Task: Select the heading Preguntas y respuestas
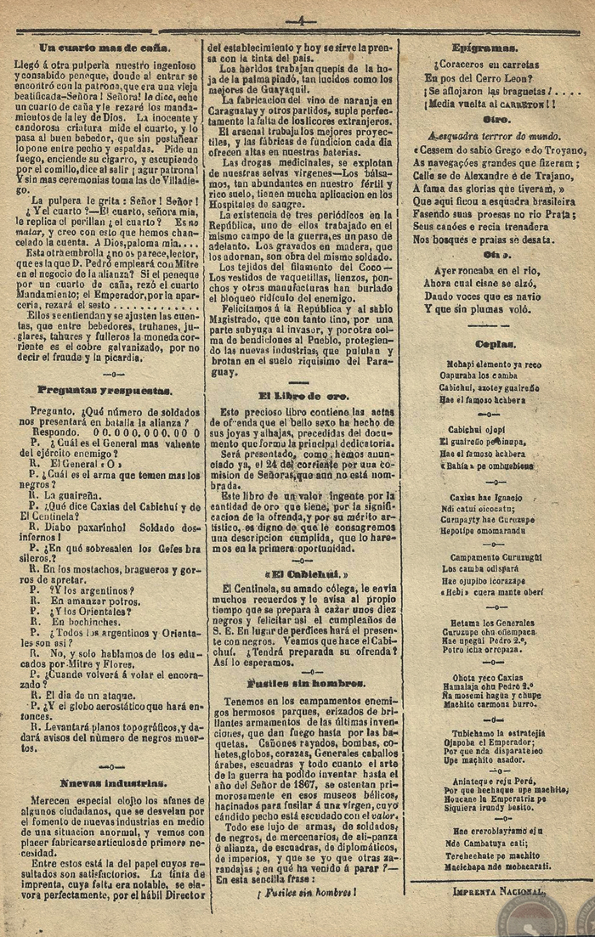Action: coord(105,390)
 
